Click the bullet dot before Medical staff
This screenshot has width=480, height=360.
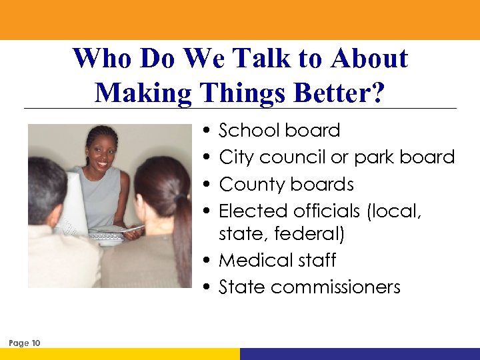(209, 261)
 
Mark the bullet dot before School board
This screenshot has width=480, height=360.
(209, 131)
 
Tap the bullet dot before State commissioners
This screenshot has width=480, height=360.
(209, 288)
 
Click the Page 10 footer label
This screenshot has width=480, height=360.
(25, 343)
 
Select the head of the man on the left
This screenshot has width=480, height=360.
(45, 189)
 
